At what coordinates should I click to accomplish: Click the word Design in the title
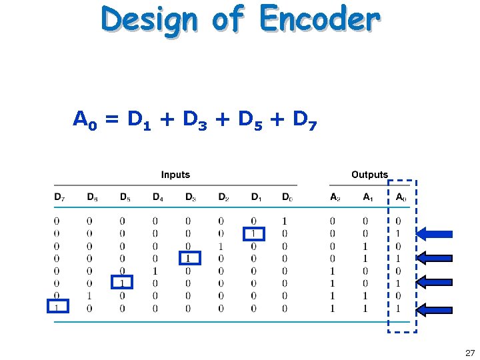(149, 21)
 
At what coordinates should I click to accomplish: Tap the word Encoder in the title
(320, 20)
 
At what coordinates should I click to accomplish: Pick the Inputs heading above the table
(175, 175)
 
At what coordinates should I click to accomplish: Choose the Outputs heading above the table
(369, 175)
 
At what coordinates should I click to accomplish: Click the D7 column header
(59, 197)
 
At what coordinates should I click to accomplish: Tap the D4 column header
(158, 197)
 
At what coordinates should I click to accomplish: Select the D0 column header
(287, 197)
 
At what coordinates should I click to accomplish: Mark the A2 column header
(335, 197)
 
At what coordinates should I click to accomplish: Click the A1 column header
(368, 197)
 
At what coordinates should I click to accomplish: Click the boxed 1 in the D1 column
(253, 233)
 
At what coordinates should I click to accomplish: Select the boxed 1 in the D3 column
(188, 258)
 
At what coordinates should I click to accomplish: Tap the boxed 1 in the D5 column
(122, 283)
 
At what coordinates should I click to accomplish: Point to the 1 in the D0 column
(285, 221)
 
